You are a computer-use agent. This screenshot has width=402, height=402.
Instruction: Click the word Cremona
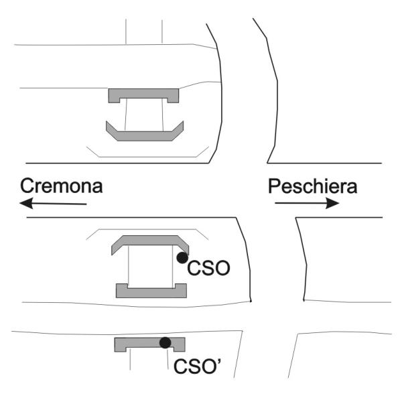coord(62,186)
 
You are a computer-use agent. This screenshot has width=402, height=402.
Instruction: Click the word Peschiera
coord(312,186)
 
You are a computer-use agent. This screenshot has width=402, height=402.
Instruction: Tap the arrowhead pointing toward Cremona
coord(26,203)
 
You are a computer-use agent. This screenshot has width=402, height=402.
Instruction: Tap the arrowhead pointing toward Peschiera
coord(332,203)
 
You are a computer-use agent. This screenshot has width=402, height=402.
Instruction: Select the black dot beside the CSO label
coord(182,258)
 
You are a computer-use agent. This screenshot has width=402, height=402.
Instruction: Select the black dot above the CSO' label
coord(165,342)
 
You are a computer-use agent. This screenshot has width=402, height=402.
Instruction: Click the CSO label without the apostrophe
coord(208,268)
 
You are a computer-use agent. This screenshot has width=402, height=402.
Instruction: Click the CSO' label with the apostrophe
coord(198,366)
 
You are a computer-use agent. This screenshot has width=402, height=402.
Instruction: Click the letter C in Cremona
coord(27,186)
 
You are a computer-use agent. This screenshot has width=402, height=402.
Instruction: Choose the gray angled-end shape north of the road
coord(145,136)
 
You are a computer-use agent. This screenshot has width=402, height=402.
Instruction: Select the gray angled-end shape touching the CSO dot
coord(150,241)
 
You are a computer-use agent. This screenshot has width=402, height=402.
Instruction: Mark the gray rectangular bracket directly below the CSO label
coord(151,293)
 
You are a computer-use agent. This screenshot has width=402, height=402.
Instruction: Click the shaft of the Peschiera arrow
coord(300,203)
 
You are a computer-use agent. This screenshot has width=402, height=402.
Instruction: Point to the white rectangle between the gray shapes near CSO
coord(151,267)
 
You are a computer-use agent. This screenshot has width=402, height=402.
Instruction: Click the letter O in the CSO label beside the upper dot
coord(222,268)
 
